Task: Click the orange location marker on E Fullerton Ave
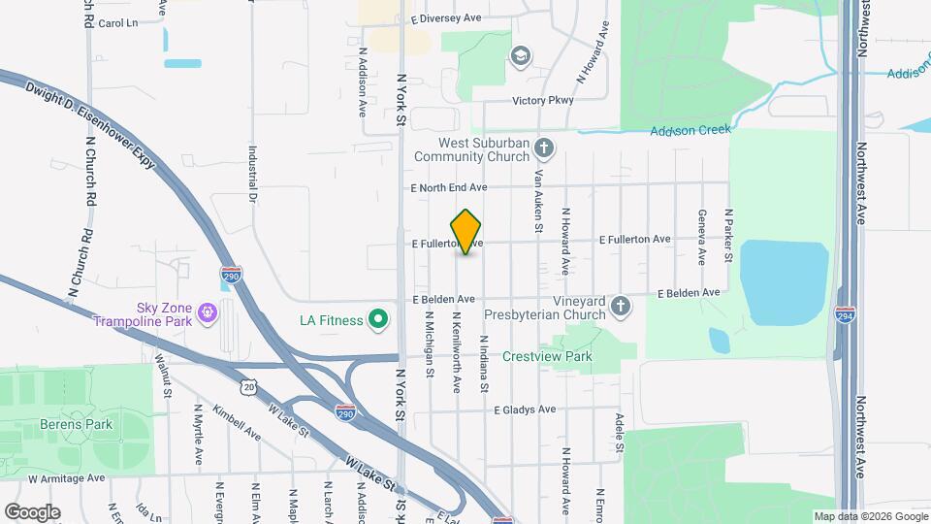(x=466, y=231)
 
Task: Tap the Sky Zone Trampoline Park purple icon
(x=207, y=312)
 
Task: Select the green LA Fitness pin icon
(x=380, y=319)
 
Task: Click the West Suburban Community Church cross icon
(x=545, y=148)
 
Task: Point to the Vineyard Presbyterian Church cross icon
(x=621, y=309)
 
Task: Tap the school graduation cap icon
(x=521, y=55)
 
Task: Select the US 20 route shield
(x=250, y=387)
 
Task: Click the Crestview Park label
(x=547, y=357)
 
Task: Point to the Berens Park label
(x=77, y=424)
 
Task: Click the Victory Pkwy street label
(x=543, y=100)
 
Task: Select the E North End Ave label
(x=448, y=187)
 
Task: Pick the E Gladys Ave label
(x=524, y=409)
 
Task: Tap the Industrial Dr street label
(x=252, y=175)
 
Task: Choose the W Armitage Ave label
(x=66, y=478)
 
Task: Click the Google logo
(x=32, y=511)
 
